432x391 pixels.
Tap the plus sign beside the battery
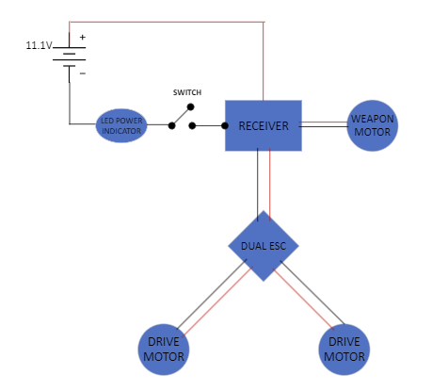click(82, 38)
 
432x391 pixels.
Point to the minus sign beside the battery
click(82, 72)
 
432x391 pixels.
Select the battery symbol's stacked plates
click(69, 55)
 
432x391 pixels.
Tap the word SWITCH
click(188, 92)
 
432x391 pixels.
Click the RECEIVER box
click(263, 125)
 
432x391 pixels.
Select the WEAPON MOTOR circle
click(373, 125)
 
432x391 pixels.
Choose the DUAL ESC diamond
click(264, 246)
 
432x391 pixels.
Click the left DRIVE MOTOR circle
click(163, 349)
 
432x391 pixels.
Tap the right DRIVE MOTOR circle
click(344, 349)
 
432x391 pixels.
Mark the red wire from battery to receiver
click(169, 23)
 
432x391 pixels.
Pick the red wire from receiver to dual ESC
click(269, 184)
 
